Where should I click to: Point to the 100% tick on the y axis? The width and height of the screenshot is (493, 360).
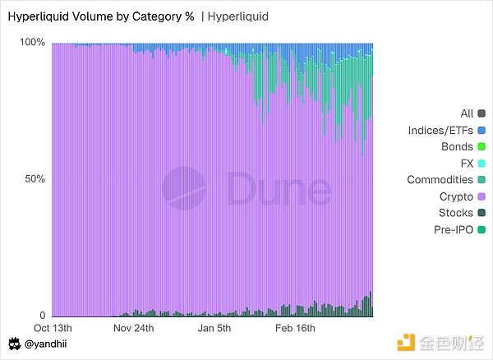click(x=32, y=42)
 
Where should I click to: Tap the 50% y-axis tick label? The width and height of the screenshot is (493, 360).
click(x=35, y=179)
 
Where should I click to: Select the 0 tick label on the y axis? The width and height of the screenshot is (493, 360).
click(x=42, y=316)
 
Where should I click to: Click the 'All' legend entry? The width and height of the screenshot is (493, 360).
click(x=466, y=113)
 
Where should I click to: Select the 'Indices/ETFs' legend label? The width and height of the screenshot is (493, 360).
click(x=440, y=130)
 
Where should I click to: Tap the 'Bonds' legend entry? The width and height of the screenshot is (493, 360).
click(x=457, y=146)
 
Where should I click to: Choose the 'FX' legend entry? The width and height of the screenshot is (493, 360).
click(x=466, y=163)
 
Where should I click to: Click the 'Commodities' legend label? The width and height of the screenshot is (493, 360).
click(x=440, y=179)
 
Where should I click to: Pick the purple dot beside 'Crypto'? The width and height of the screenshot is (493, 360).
click(x=481, y=196)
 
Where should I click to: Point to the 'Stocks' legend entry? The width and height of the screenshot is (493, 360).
click(x=455, y=213)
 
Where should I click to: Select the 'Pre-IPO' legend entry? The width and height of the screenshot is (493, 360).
click(x=452, y=229)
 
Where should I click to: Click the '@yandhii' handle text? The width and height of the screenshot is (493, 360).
click(x=46, y=344)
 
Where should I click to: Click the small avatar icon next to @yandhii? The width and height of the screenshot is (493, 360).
click(x=14, y=344)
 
